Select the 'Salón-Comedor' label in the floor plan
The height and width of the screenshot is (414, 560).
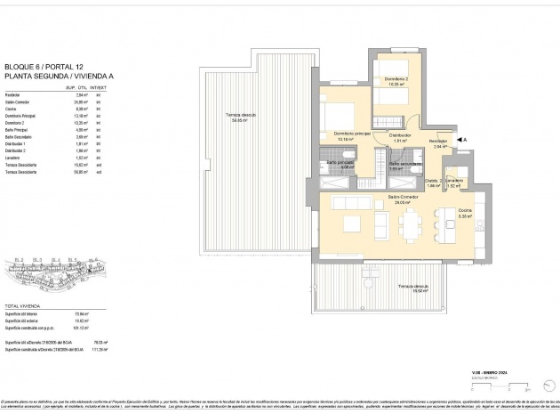pos(403,197)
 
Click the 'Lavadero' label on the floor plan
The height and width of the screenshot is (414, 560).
pos(454,181)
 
